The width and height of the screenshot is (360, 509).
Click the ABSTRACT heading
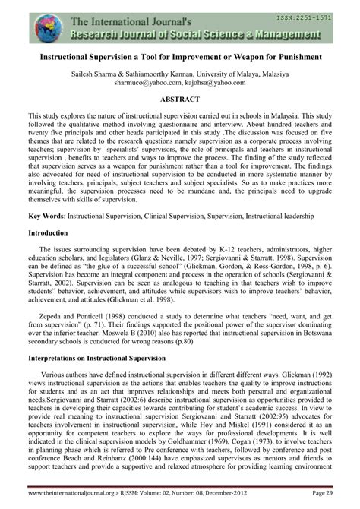[x=180, y=100]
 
